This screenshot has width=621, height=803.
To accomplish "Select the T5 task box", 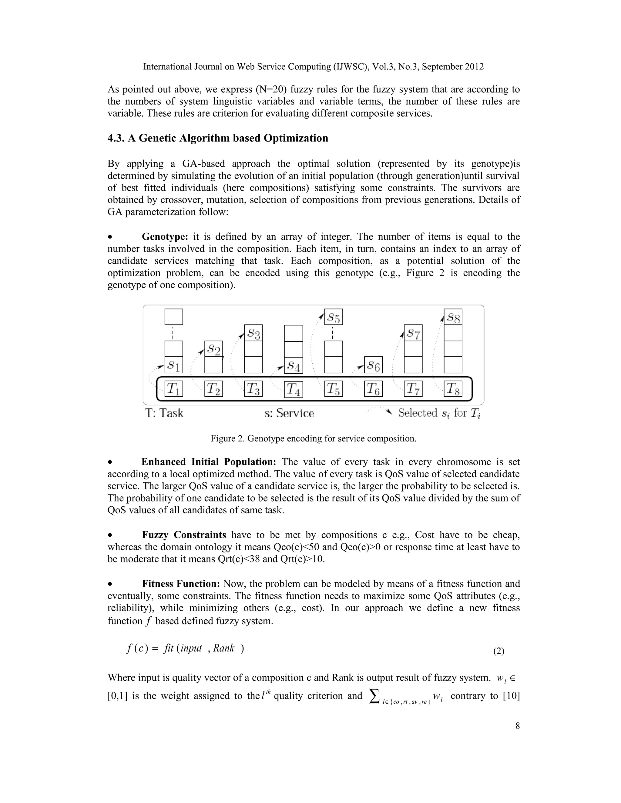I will tap(333, 389).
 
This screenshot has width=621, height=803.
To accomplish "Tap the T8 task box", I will tap(453, 389).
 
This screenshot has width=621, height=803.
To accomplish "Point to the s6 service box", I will tap(373, 365).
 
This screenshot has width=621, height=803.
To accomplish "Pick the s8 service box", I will tap(453, 317).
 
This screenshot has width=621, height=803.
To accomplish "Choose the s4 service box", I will tap(294, 365).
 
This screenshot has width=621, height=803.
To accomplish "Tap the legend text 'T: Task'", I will tap(164, 413).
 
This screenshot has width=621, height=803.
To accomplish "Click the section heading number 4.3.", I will tap(116, 138).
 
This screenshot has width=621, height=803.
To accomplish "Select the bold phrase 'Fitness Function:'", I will tap(181, 584).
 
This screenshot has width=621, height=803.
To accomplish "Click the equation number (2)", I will tap(498, 651).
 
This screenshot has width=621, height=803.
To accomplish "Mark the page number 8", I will tap(517, 726).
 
